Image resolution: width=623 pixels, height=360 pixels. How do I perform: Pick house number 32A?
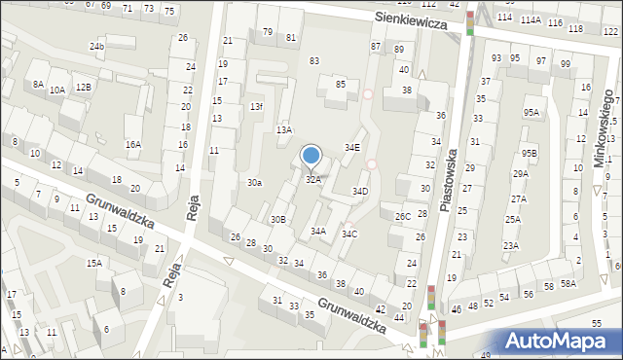[x=313, y=179]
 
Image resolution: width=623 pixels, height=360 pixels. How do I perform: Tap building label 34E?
[x=352, y=147]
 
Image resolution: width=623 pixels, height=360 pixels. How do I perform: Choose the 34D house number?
[x=359, y=191]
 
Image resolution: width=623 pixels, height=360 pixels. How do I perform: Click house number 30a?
[x=254, y=183]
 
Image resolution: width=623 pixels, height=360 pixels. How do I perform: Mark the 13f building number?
[x=256, y=106]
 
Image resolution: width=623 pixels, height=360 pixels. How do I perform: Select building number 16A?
[x=132, y=144]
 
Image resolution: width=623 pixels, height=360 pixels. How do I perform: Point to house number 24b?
[x=96, y=46]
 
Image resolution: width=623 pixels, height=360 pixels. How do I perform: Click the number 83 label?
[x=314, y=60]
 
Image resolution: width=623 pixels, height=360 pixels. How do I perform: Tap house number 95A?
[x=530, y=112]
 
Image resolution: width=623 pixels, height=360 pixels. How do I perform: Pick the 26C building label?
[x=402, y=216]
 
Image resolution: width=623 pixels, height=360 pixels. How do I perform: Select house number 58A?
[x=568, y=284]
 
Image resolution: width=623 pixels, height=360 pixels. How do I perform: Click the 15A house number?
[x=93, y=263]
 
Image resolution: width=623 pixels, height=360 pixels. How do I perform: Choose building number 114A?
[x=530, y=19]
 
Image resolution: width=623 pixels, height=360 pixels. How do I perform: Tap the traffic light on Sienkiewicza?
[x=471, y=22]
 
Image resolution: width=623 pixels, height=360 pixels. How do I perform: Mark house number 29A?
[x=521, y=173]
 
